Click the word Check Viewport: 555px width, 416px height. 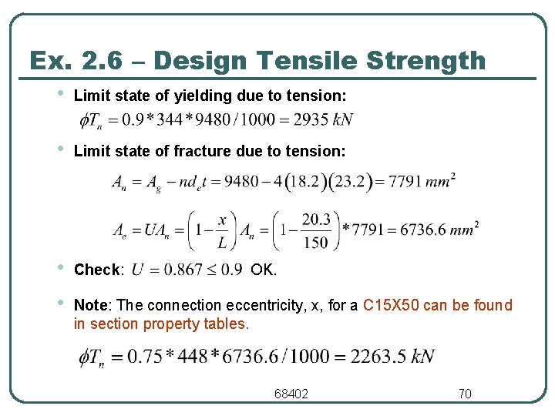tap(98, 270)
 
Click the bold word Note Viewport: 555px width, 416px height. tap(89, 306)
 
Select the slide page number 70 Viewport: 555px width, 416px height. tap(465, 394)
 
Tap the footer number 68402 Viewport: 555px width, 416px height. tap(291, 394)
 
